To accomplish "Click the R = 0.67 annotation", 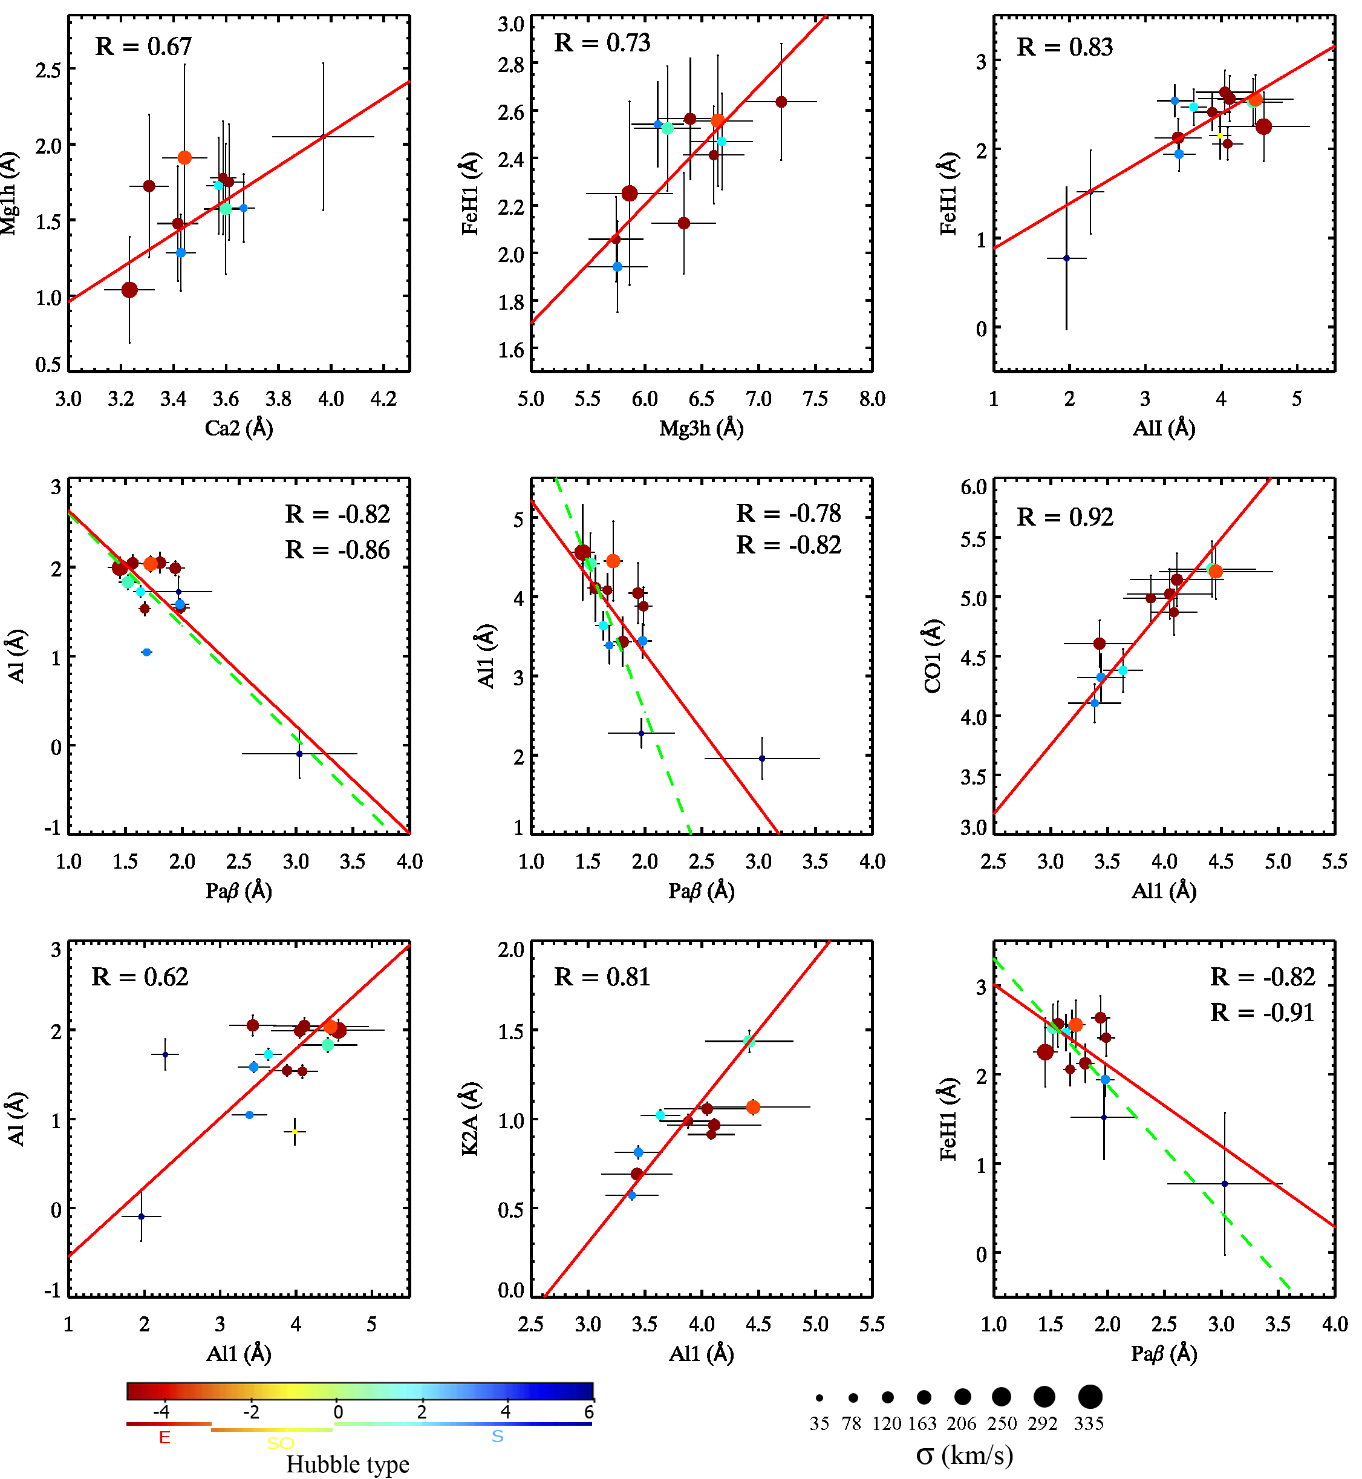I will (x=144, y=47).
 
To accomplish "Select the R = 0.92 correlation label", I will (x=1065, y=518).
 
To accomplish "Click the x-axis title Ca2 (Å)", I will (x=239, y=428).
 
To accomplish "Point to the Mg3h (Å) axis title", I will (x=701, y=428).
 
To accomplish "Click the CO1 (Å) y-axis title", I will (x=933, y=656).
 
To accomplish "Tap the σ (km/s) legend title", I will (x=965, y=1455).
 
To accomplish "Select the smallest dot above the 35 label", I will (x=819, y=1397).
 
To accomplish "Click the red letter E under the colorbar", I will (x=165, y=1438).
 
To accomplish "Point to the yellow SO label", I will (x=281, y=1443).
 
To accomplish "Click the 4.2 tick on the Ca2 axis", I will (x=383, y=399).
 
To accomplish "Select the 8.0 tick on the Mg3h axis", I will (x=872, y=399).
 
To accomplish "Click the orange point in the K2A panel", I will (x=752, y=1108).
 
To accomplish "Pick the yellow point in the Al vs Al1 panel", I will (x=295, y=1131).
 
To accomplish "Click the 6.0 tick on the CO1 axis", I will (x=974, y=486).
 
